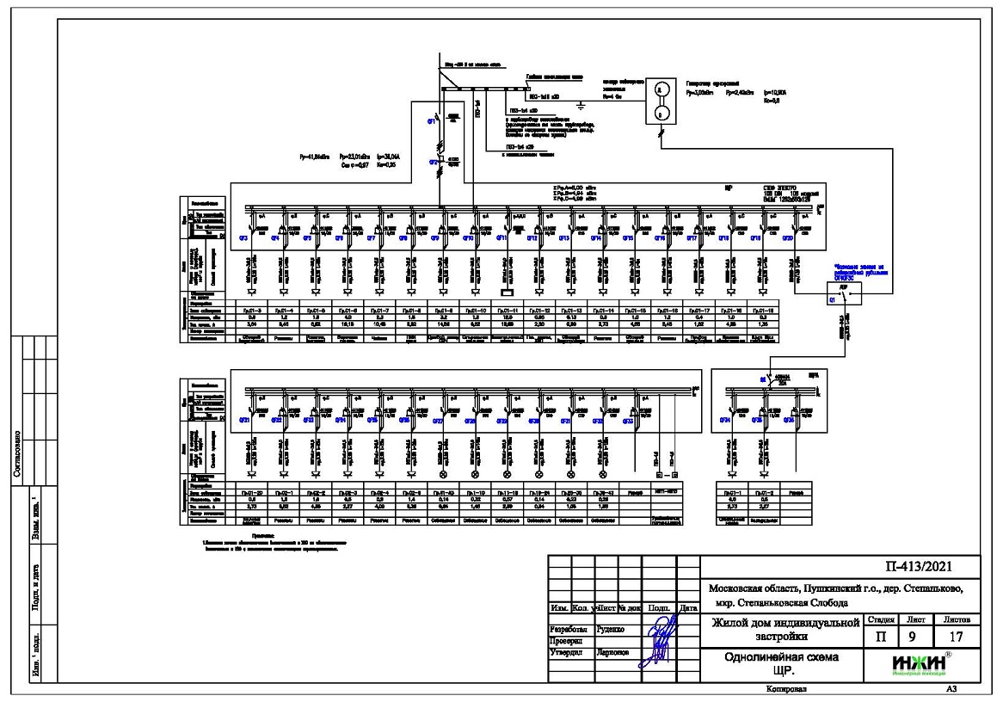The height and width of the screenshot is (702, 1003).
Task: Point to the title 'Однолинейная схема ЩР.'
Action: tap(783, 663)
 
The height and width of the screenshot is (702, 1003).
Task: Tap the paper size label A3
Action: tap(951, 689)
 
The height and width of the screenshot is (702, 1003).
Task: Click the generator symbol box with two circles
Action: tap(660, 101)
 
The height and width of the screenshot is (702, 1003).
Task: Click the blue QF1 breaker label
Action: tap(434, 121)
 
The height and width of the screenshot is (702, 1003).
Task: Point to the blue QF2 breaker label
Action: tap(434, 161)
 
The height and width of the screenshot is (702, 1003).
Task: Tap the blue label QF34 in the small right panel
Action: tap(728, 421)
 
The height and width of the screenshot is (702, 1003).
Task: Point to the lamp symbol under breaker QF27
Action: tap(444, 473)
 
